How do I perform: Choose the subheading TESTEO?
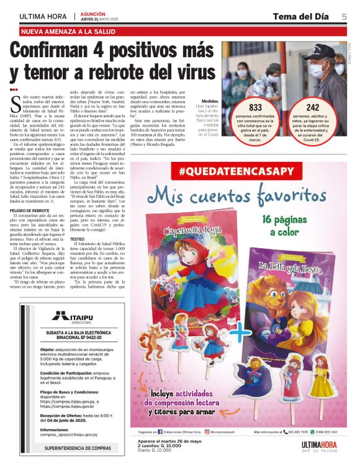(x=78, y=238)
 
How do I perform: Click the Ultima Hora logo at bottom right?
(x=319, y=445)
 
